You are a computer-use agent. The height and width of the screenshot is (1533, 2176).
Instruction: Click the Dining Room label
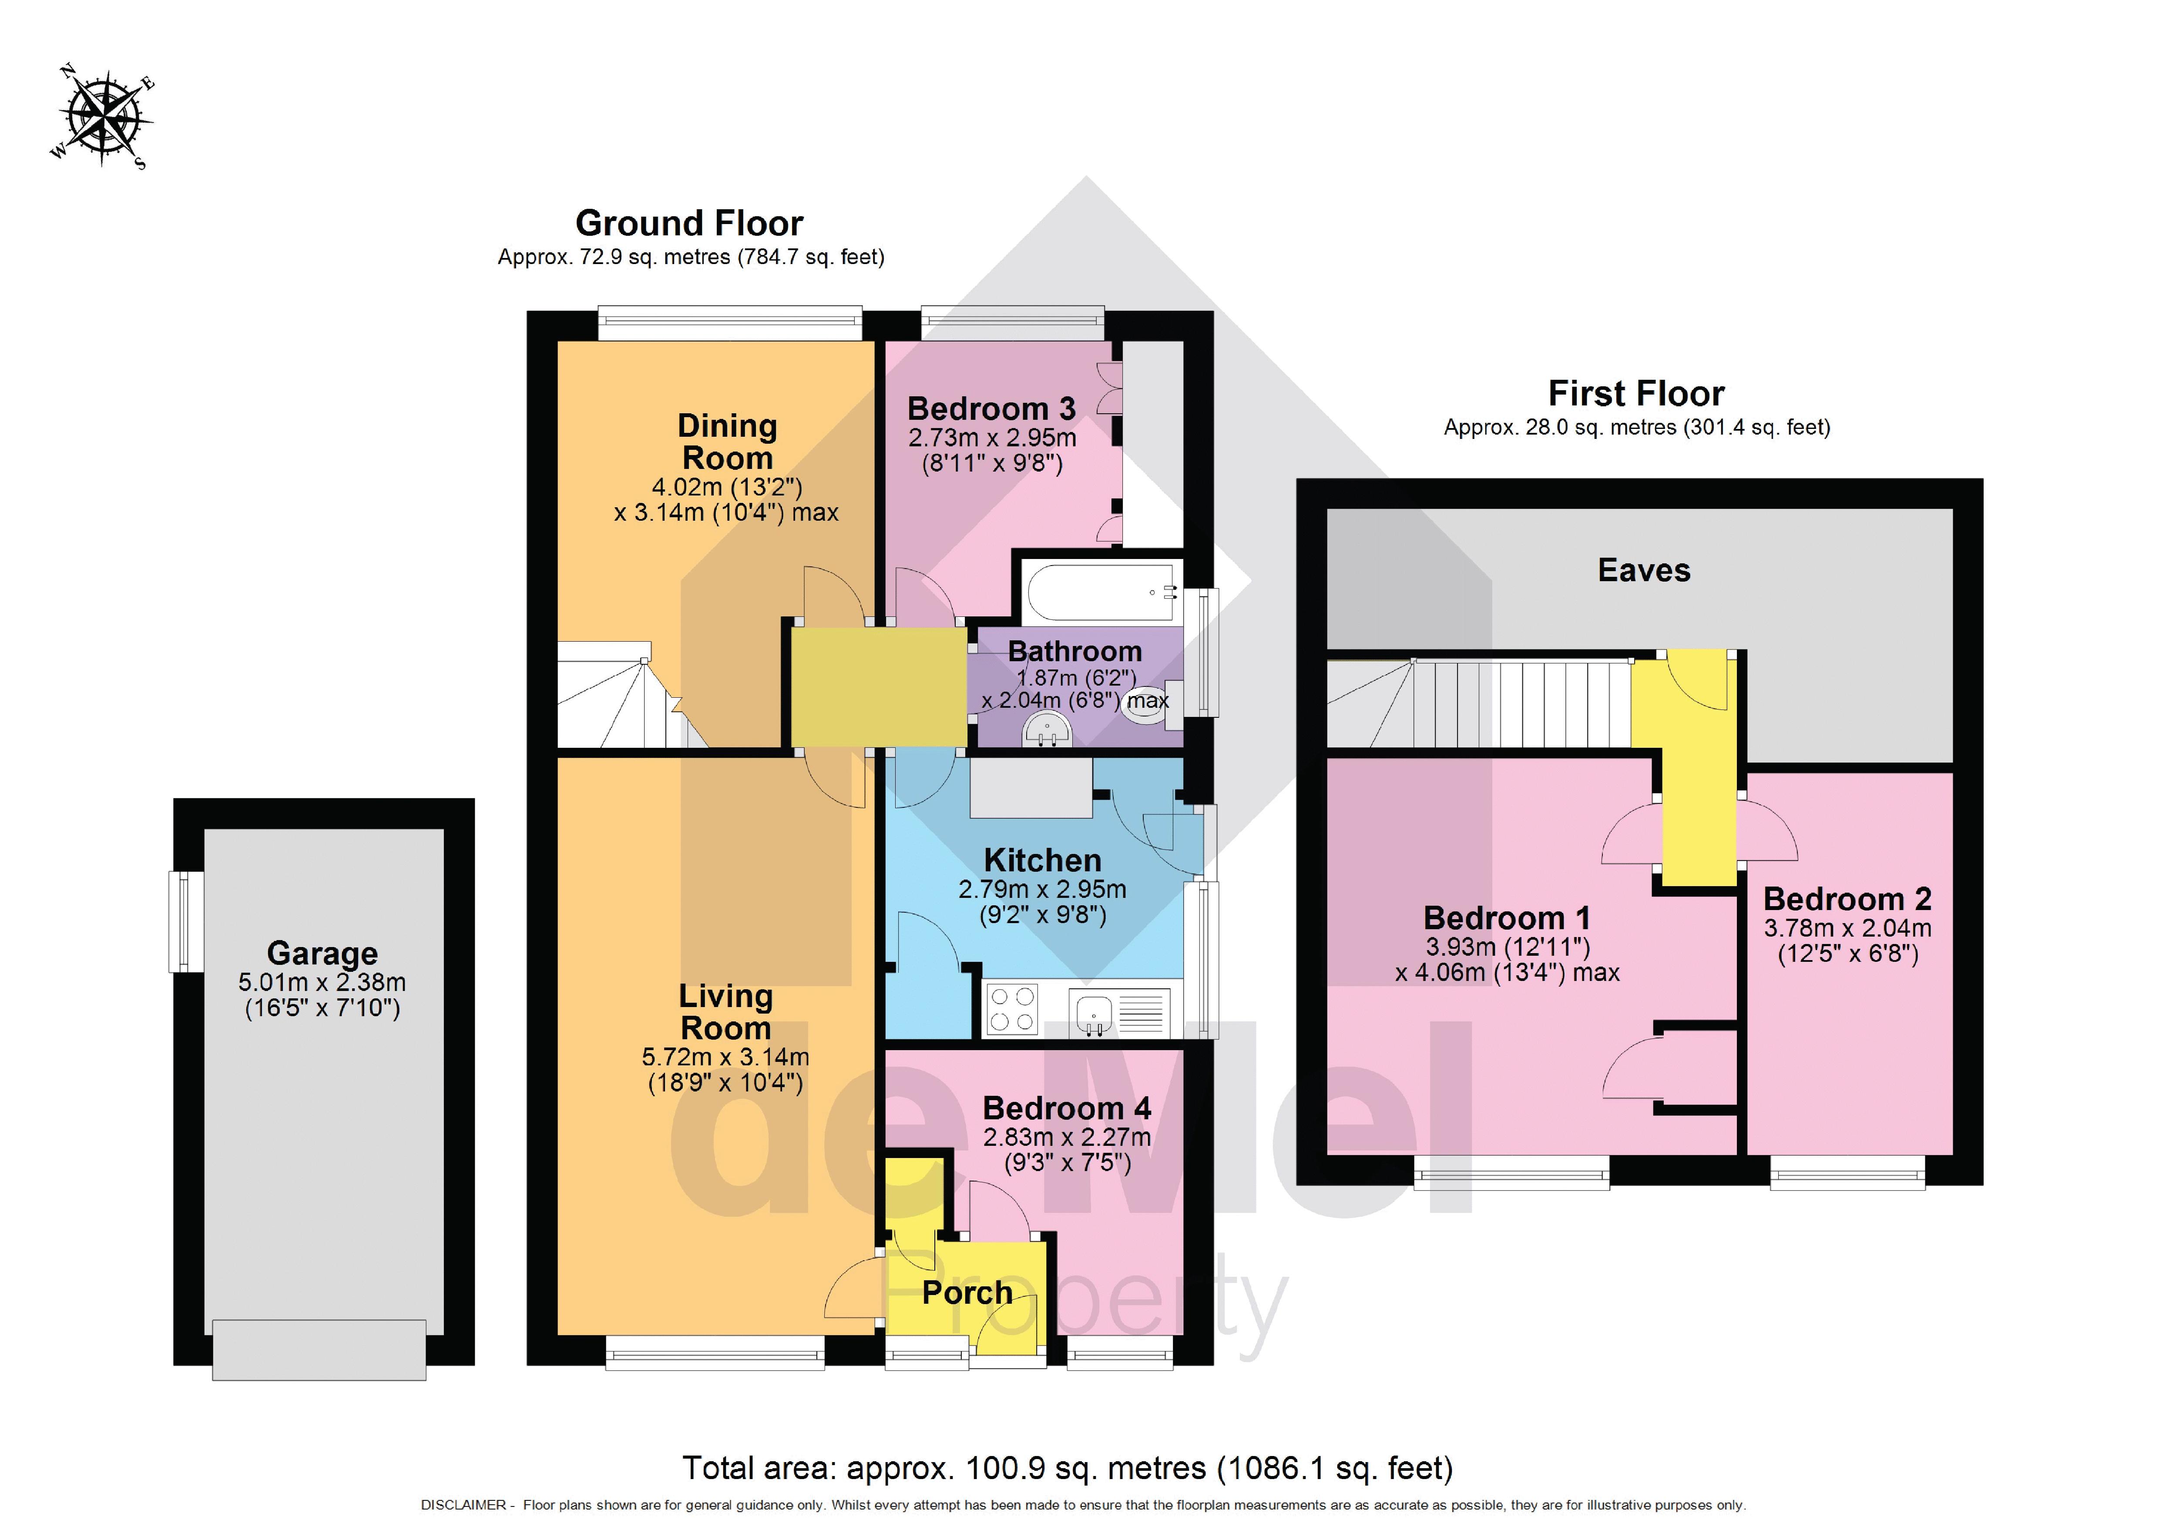tap(727, 442)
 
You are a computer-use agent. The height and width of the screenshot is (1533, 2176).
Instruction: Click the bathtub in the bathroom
tap(1099, 592)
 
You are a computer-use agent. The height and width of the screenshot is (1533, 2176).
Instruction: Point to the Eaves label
tap(1643, 570)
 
